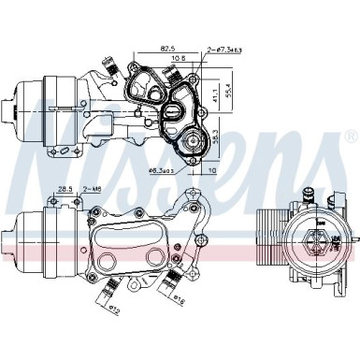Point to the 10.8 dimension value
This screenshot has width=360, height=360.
pos(176,58)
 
